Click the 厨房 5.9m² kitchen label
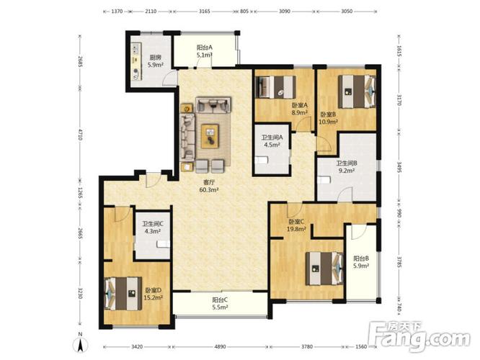[155, 61]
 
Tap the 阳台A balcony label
[205, 48]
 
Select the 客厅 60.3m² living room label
[209, 186]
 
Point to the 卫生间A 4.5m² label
[272, 141]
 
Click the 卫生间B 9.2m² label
[347, 167]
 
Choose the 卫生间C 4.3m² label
[153, 228]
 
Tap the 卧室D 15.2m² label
[153, 293]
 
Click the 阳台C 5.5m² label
[220, 303]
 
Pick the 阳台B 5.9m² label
[361, 262]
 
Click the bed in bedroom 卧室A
[276, 87]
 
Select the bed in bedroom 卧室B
[357, 91]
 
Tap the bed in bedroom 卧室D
[123, 294]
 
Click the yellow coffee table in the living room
[210, 136]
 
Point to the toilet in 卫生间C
[163, 244]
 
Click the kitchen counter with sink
[136, 61]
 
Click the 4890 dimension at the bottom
[220, 346]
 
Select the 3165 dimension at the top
[204, 12]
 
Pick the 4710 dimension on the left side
[80, 134]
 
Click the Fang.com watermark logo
[419, 336]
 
